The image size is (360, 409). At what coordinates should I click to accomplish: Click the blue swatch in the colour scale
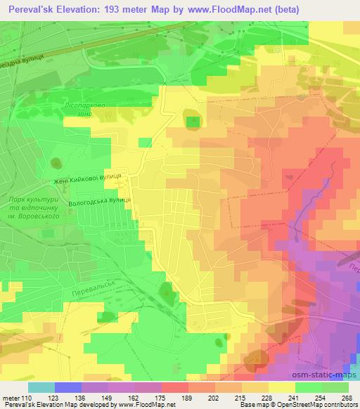[68, 387]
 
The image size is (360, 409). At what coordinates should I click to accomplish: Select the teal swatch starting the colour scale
[41, 387]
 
